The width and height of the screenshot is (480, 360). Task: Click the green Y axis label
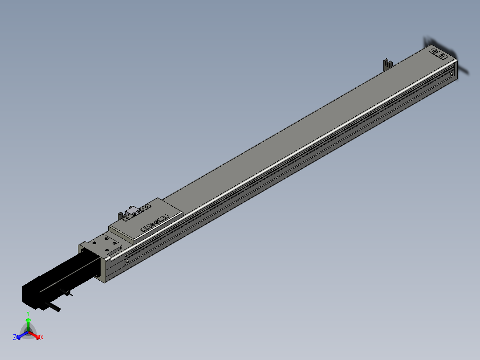[x=28, y=313]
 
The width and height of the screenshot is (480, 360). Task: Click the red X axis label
[x=42, y=337]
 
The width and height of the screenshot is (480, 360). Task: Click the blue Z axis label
[x=15, y=337]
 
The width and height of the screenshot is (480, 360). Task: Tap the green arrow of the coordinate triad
[x=28, y=325]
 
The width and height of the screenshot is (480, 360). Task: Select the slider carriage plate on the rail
[x=146, y=220]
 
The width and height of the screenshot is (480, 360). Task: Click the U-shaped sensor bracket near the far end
[x=388, y=64]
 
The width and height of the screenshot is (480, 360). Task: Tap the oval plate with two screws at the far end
[x=439, y=53]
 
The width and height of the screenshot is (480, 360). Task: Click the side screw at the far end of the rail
[x=452, y=74]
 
